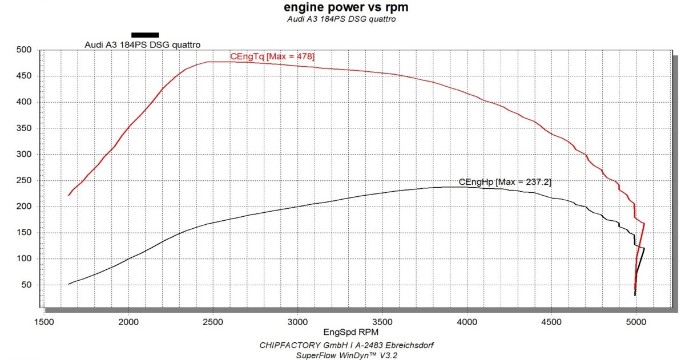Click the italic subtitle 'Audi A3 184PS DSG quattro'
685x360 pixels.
coord(342,19)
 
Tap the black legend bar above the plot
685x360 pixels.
coord(145,35)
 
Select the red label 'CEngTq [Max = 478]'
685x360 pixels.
coord(272,56)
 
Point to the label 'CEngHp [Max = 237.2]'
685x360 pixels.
coord(505,182)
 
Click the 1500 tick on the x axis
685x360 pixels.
coord(44,321)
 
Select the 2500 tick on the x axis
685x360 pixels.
coord(213,321)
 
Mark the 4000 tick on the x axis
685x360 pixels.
coord(467,321)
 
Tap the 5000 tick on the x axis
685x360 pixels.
coord(636,321)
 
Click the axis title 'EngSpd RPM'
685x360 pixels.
coord(343,331)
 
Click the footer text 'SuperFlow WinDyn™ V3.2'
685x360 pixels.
coord(342,354)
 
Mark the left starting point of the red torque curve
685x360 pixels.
coord(68,195)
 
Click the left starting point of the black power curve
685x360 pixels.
coord(68,284)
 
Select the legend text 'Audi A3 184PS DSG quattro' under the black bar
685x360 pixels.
coord(143,45)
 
